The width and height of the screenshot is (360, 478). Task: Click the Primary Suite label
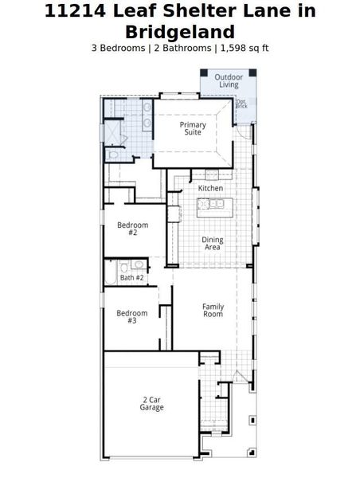[x=193, y=129]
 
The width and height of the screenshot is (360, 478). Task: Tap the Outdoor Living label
[x=229, y=80]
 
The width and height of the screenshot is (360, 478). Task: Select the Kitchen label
[x=211, y=188]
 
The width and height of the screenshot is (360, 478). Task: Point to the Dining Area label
[x=212, y=243]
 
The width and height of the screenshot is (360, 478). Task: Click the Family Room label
[x=213, y=310]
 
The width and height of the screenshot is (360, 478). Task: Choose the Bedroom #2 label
[x=132, y=229]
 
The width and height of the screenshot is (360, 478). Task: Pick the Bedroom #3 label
[x=131, y=316]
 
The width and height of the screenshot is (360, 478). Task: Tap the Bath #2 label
[x=132, y=277]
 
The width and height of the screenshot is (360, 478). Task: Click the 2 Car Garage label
[x=151, y=403]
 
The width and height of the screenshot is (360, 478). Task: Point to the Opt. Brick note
[x=241, y=104]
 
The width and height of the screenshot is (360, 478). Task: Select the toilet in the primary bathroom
[x=113, y=155]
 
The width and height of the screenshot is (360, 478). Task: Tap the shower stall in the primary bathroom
[x=114, y=131]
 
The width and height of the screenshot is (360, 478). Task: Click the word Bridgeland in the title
[x=180, y=32]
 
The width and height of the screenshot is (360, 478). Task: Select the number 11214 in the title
[x=76, y=11]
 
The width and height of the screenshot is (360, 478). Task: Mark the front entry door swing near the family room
[x=240, y=374]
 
